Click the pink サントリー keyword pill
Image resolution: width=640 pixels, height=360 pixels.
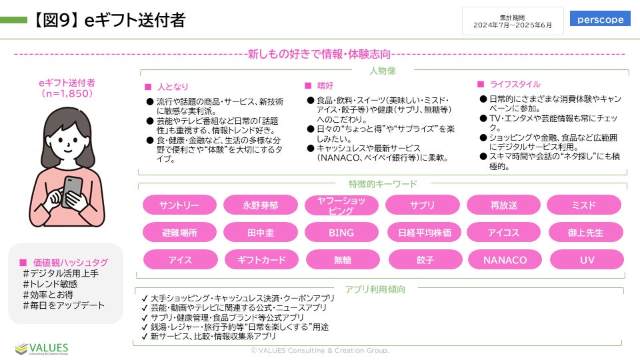click(x=179, y=205)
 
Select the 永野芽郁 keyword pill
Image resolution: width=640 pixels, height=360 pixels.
click(x=261, y=205)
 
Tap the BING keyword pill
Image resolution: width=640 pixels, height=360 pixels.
click(x=341, y=232)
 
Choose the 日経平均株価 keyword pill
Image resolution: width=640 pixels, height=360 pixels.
click(x=425, y=232)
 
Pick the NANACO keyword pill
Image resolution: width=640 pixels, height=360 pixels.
click(x=505, y=259)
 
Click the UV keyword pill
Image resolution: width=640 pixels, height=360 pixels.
click(x=587, y=259)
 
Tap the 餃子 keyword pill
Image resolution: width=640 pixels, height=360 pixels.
click(x=425, y=259)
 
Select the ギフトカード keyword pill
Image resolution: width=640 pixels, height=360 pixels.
click(x=261, y=259)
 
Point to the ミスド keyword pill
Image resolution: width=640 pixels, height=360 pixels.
click(x=584, y=205)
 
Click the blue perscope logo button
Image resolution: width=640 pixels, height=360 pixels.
click(x=600, y=19)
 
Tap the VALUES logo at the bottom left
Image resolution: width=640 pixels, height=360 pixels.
click(x=41, y=349)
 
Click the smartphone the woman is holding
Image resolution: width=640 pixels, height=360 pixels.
click(x=73, y=191)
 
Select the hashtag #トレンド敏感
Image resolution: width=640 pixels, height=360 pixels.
click(x=50, y=284)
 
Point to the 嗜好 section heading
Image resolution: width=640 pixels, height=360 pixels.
click(x=325, y=86)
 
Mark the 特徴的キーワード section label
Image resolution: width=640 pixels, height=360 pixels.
click(x=383, y=184)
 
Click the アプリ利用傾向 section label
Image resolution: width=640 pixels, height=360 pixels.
click(x=375, y=289)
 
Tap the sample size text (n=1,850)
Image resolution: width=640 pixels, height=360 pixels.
click(x=67, y=93)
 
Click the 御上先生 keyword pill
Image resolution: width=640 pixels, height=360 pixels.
click(x=585, y=232)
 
